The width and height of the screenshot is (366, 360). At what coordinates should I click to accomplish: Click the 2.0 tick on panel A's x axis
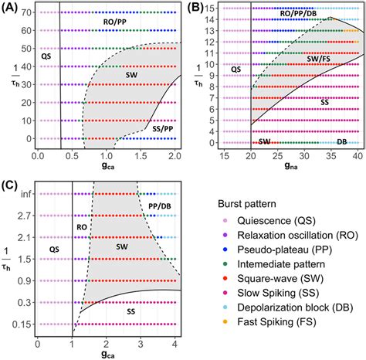pos(173,156)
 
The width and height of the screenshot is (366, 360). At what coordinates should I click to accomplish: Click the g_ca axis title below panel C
pos(109,354)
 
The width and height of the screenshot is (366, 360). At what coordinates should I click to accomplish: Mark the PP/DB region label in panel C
pos(162,208)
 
